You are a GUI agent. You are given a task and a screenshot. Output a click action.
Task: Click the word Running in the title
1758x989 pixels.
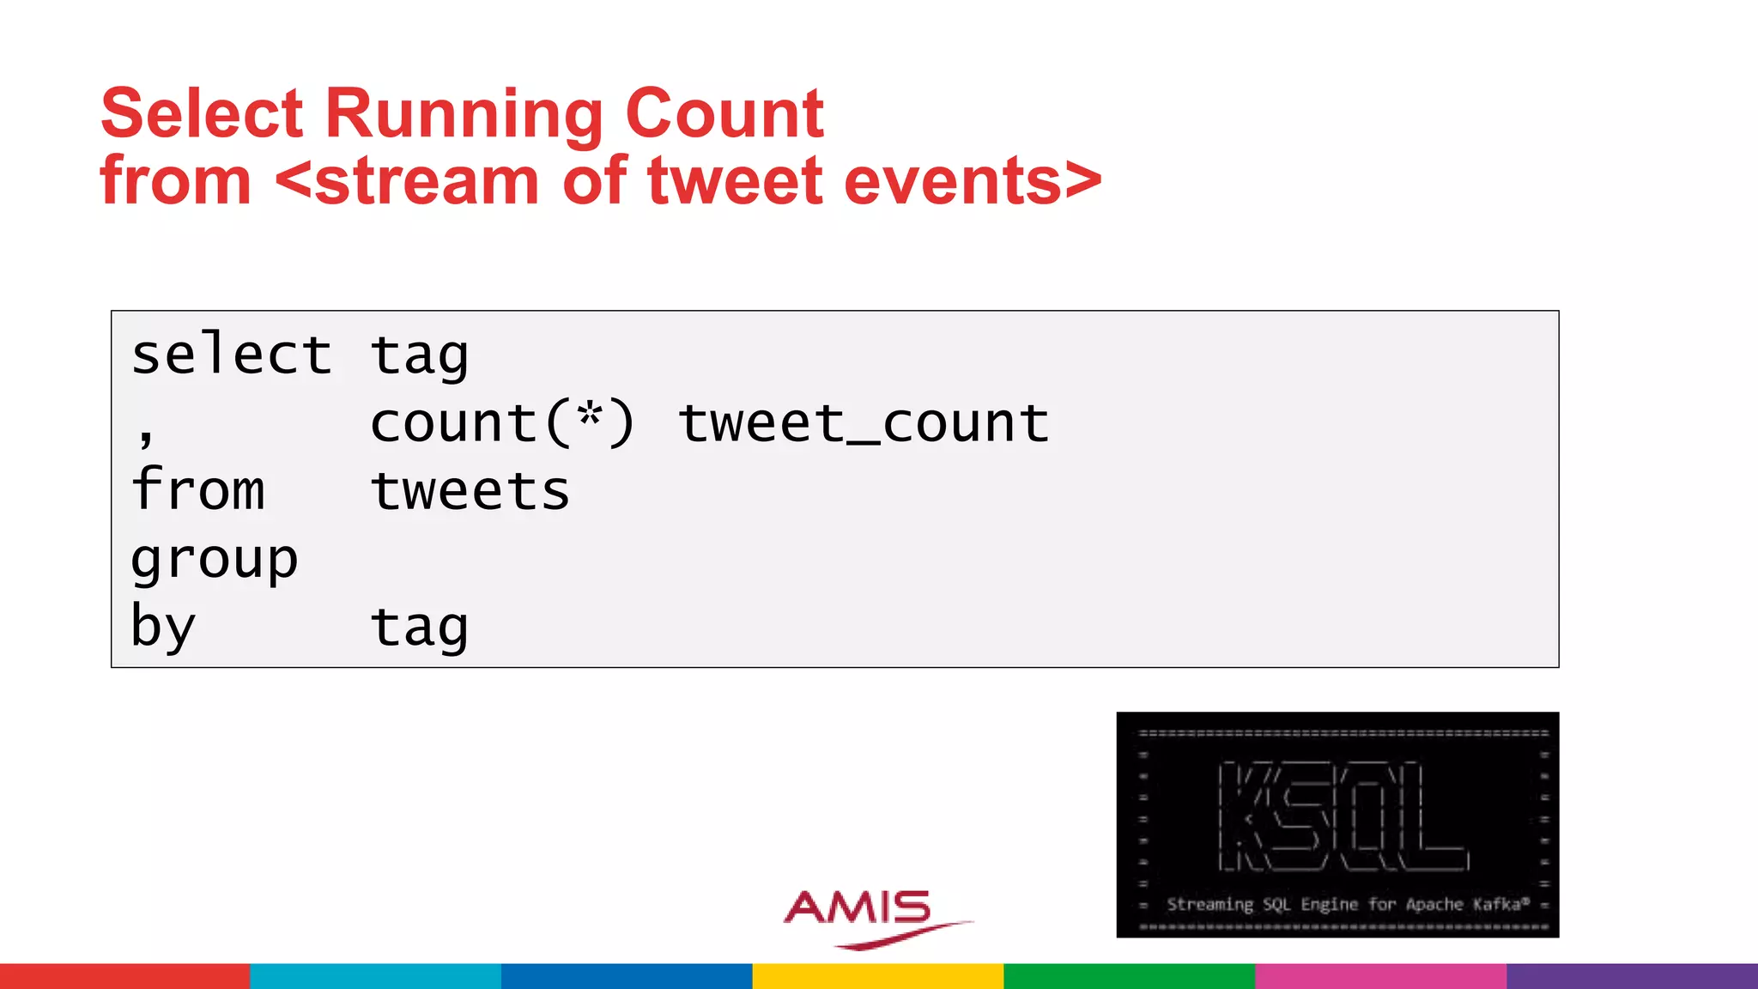464,114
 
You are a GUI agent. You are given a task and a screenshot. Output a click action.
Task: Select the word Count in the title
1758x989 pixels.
724,114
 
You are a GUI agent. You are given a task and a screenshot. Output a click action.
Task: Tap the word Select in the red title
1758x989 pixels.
202,114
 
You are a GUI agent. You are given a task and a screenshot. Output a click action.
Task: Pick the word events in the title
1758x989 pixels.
953,181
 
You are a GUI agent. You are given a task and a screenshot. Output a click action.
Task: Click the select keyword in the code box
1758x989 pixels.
231,355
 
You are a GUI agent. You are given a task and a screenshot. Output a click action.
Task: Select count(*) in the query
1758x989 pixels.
502,422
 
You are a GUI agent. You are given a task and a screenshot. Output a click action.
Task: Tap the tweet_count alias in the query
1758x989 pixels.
864,422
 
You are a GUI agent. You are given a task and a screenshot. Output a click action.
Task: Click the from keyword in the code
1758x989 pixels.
198,490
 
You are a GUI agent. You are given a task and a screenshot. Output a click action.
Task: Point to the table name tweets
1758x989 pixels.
470,490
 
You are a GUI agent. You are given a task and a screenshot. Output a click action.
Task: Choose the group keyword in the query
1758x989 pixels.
215,560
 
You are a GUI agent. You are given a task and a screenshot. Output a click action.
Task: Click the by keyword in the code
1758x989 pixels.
164,627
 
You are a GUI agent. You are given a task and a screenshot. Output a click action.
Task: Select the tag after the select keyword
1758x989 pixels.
420,356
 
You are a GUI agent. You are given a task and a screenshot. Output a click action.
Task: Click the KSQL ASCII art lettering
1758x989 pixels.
1342,816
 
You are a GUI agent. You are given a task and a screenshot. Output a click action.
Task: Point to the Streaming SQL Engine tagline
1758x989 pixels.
1347,904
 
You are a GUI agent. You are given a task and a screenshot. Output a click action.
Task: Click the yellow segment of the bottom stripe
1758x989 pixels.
878,976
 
